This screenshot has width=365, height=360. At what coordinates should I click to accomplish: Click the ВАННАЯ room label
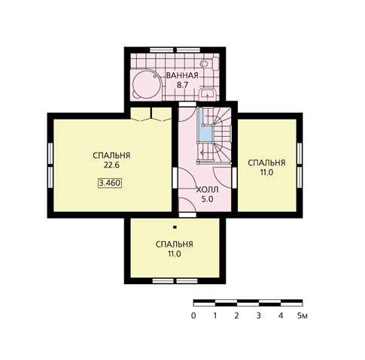tap(182, 75)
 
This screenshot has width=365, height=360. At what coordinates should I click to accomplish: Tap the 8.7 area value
tap(182, 85)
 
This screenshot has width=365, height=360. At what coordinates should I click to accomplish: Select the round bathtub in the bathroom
tap(146, 83)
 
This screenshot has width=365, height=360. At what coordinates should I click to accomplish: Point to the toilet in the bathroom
tap(210, 64)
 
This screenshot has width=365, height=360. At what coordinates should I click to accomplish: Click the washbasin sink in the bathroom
tap(207, 94)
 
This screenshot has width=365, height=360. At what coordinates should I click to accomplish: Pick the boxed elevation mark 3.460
tap(110, 183)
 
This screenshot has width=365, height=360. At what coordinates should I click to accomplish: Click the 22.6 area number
tap(111, 165)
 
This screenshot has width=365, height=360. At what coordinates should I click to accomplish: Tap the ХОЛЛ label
tap(207, 189)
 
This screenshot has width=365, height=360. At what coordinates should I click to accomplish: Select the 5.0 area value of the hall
tap(207, 199)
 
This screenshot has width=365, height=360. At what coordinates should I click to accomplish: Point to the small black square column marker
tap(175, 228)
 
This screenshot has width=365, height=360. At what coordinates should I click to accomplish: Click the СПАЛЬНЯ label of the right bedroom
tap(266, 163)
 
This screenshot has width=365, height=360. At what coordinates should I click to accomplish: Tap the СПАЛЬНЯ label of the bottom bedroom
tap(175, 244)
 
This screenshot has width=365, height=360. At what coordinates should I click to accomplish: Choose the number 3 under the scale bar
tap(259, 316)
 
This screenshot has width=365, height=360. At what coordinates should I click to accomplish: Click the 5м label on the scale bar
tap(303, 316)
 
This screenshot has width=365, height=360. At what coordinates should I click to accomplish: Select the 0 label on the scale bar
tap(193, 316)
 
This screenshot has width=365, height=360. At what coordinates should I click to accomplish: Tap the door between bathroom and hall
tap(187, 112)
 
